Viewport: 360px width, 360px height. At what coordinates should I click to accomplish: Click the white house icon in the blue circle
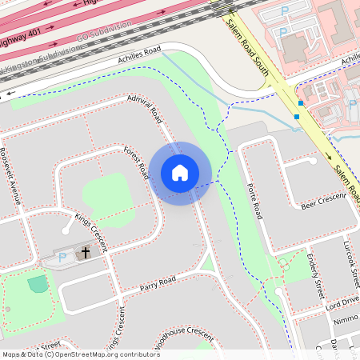(x=180, y=172)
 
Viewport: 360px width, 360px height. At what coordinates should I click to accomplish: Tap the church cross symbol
(x=86, y=253)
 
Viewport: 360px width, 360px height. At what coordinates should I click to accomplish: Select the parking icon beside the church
(x=62, y=258)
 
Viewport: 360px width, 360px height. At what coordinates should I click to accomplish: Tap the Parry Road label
(x=158, y=284)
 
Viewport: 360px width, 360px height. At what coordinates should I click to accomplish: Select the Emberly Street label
(x=314, y=271)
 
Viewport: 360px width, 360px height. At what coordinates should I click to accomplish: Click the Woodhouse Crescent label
(x=180, y=336)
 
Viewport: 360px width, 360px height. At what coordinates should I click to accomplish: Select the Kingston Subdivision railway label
(x=40, y=59)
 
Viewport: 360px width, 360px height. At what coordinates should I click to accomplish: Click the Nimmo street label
(x=346, y=319)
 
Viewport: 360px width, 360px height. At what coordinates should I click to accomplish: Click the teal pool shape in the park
(x=38, y=283)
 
